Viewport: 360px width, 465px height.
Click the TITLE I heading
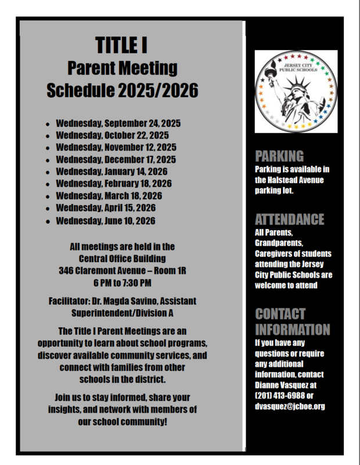(123, 44)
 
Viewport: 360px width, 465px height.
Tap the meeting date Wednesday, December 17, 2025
(116, 159)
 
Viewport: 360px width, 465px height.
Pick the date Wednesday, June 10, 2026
(106, 221)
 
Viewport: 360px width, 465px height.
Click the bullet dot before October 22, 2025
(47, 137)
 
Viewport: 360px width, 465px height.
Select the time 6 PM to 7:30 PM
(122, 283)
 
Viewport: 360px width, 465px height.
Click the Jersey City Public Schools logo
(296, 91)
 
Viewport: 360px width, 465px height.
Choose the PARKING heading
(279, 156)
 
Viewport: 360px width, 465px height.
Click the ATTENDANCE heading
(289, 220)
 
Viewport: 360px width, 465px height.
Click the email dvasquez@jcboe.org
(290, 406)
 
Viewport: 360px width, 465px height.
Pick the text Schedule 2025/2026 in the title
(122, 91)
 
